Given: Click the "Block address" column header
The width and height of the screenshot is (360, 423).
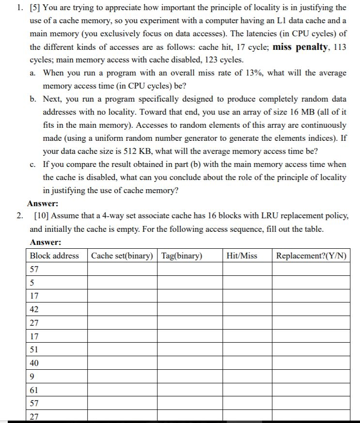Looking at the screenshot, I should point(54,256).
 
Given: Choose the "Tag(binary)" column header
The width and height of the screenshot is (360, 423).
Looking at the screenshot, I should point(182,256).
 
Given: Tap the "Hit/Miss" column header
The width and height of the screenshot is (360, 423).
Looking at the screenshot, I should point(242,256).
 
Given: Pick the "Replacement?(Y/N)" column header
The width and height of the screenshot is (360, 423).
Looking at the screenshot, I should point(311,256).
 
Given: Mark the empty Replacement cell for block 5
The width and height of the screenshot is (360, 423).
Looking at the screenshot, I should point(311,283).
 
